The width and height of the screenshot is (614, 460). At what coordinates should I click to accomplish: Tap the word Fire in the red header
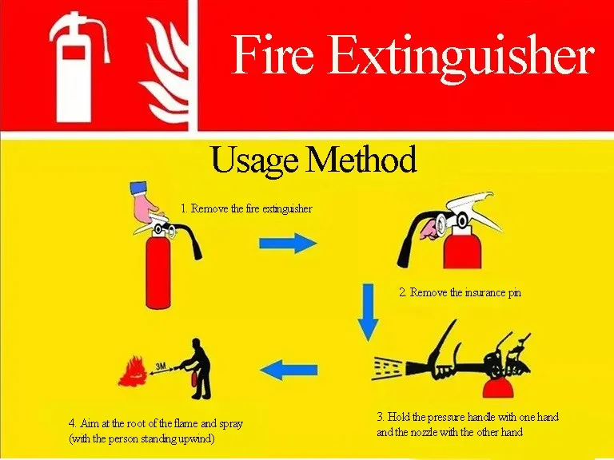tap(273, 54)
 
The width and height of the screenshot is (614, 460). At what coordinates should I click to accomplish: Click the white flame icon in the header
tap(165, 70)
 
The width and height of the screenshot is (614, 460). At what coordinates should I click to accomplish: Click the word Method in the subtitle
tap(361, 158)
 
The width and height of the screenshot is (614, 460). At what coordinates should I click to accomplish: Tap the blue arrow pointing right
tap(288, 243)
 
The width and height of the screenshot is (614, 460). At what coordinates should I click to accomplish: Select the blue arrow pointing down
tap(368, 311)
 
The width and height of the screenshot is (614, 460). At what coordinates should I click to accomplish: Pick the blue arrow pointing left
tap(289, 370)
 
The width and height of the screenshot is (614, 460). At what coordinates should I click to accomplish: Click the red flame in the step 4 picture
tap(133, 371)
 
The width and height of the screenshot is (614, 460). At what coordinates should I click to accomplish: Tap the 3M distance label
tap(161, 367)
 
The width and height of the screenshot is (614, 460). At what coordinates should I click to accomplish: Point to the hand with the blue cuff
tap(145, 205)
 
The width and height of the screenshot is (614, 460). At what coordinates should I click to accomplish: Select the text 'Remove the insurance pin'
tap(465, 292)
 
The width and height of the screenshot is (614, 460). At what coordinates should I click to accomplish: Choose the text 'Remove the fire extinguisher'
tap(251, 208)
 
